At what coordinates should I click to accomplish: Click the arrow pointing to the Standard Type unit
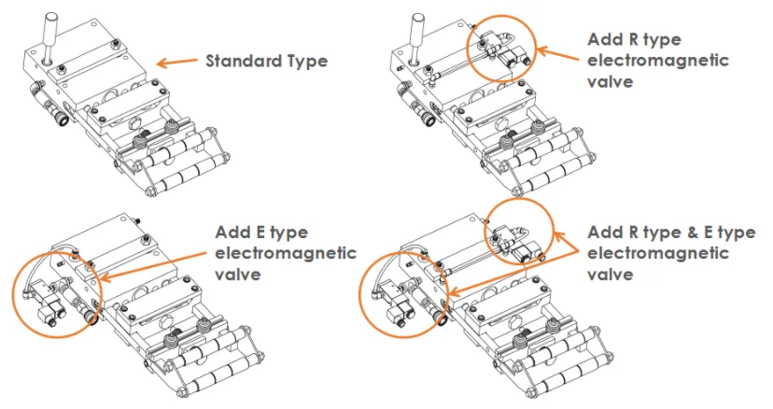[177, 63]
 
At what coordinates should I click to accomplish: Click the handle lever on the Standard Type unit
[49, 37]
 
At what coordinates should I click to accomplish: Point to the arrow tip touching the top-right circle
[537, 49]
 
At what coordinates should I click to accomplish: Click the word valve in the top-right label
[610, 82]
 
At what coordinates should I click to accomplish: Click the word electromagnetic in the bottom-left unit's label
[286, 254]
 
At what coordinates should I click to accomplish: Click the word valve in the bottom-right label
[610, 275]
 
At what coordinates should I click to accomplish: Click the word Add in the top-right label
[604, 39]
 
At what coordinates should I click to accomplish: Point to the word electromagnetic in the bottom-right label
[658, 254]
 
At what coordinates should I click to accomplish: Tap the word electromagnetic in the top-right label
[658, 61]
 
